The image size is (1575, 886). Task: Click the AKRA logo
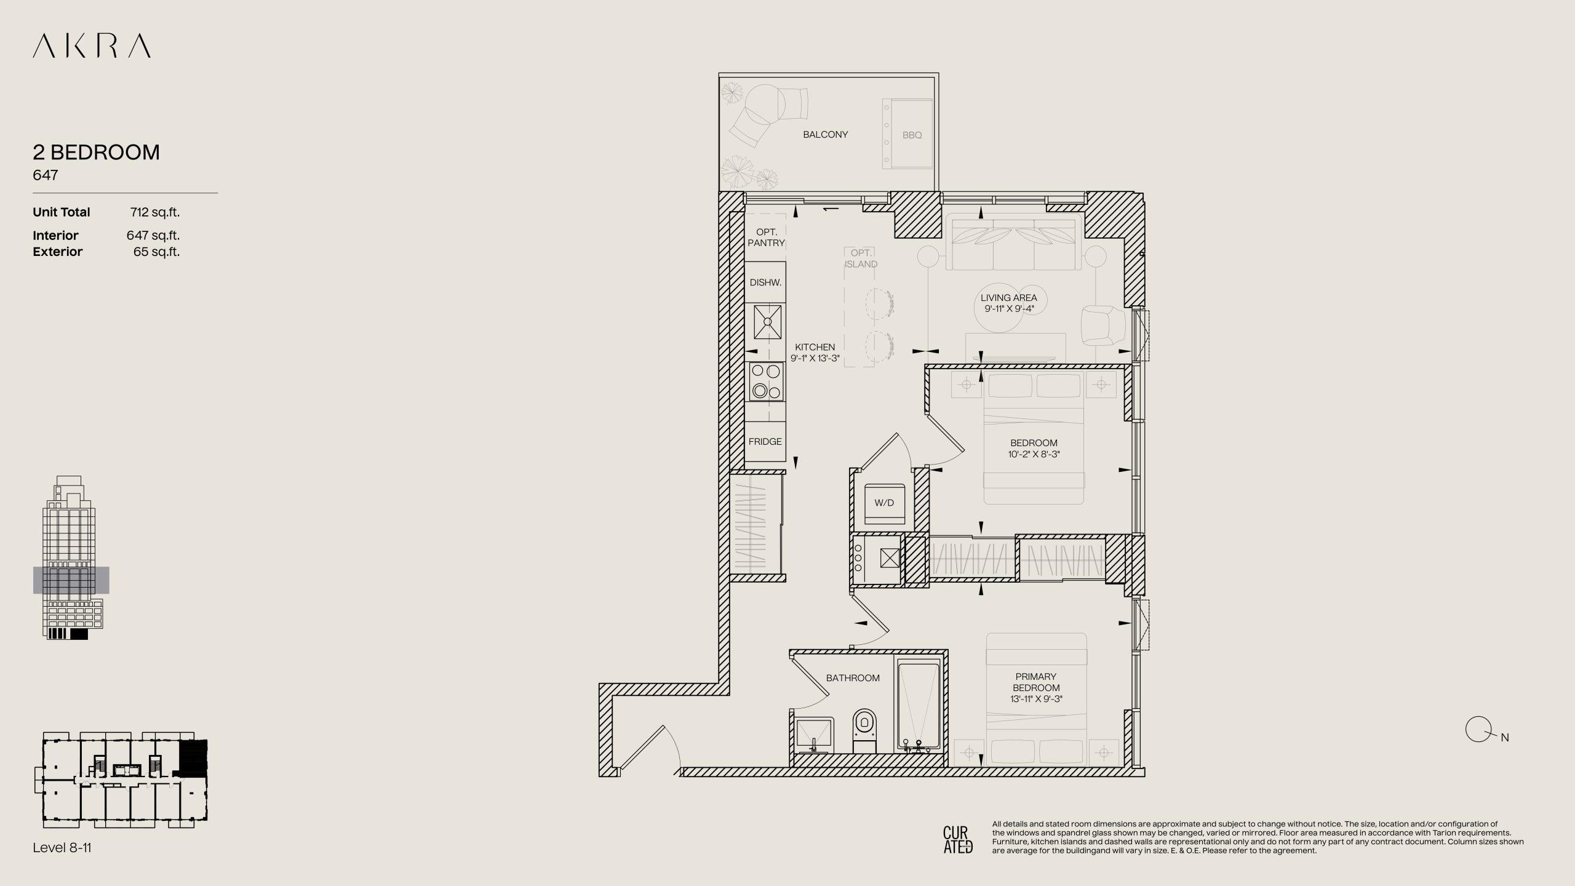coord(92,46)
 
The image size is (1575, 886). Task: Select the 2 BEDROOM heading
coord(96,152)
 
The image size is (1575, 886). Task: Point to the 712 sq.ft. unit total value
coord(155,212)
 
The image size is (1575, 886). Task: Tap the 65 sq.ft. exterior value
coord(157,252)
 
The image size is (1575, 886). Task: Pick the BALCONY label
coord(825,134)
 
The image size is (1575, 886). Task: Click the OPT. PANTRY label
coord(766,237)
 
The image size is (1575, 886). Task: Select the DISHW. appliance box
coord(765,282)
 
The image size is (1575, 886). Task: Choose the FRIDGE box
coord(765,441)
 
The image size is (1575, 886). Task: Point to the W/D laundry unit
coord(884,503)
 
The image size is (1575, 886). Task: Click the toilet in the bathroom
coord(864,730)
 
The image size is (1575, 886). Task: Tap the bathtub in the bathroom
coord(919,706)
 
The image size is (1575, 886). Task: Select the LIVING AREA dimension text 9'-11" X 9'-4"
coord(1009,309)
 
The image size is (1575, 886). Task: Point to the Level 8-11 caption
coord(62,848)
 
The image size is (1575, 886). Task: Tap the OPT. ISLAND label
coord(861,258)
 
